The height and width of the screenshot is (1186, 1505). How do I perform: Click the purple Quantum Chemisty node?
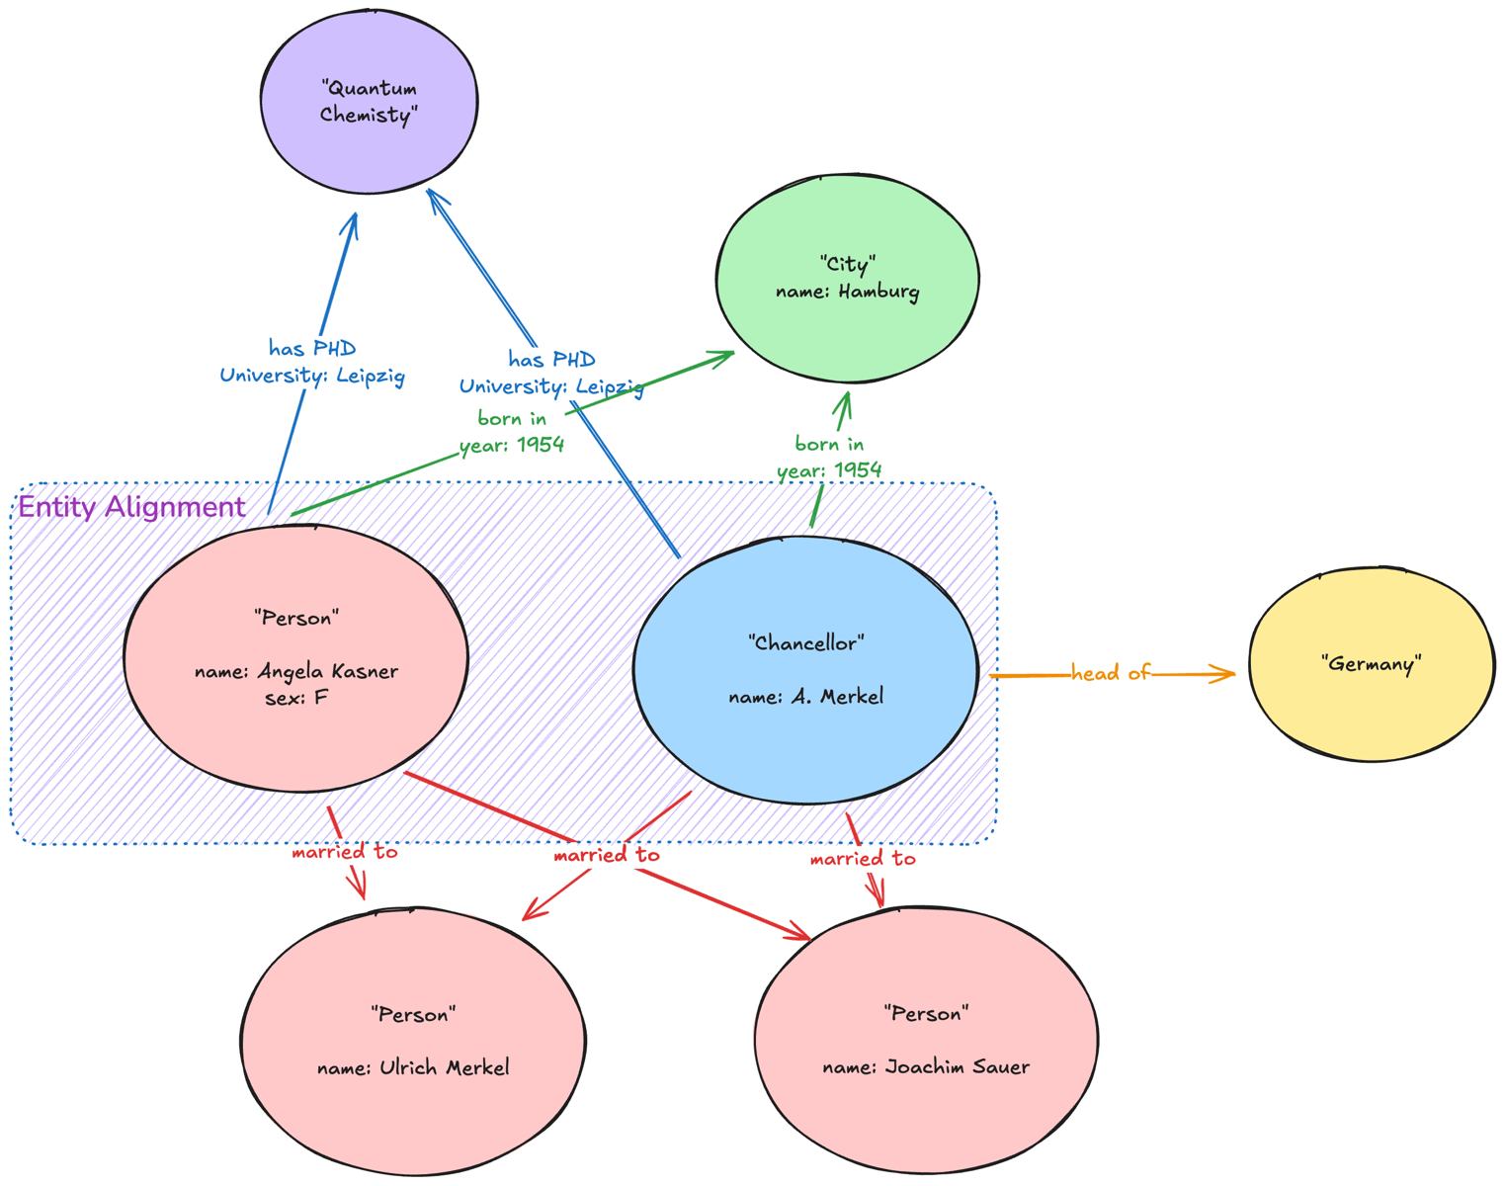pos(369,102)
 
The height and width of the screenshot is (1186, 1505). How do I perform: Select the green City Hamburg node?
pos(847,278)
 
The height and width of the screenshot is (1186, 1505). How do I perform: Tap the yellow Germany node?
pos(1371,664)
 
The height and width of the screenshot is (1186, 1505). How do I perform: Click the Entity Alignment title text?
pos(131,507)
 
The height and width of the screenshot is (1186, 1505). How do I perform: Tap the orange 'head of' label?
pos(1110,673)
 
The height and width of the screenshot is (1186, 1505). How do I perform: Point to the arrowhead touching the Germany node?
pos(1228,674)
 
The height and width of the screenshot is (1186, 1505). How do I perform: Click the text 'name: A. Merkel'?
pos(805,697)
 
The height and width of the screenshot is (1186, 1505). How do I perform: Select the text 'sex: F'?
pos(295,698)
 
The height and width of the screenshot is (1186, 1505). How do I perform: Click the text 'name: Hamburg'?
pos(847,292)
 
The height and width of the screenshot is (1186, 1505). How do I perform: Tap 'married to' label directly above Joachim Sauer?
pos(862,859)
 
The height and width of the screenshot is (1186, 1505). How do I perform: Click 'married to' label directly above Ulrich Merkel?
pos(344,851)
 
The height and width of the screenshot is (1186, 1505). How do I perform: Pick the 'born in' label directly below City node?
pos(829,444)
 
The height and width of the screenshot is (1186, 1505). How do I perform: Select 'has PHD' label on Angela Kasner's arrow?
pos(312,348)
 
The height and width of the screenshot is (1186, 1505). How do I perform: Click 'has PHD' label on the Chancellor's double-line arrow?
pos(551,359)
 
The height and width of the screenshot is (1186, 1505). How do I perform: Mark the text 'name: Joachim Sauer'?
pos(926,1067)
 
